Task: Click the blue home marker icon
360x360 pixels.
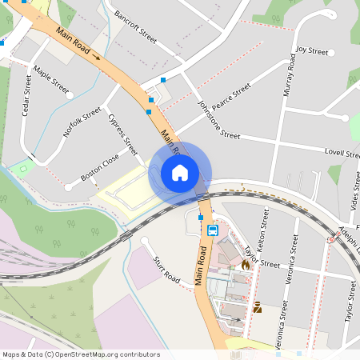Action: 180,173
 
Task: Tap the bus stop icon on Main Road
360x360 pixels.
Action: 212,230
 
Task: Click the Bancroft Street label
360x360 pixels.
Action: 135,26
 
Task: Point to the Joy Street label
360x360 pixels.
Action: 312,51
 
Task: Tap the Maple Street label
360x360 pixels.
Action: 51,82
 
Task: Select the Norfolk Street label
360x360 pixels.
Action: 82,122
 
